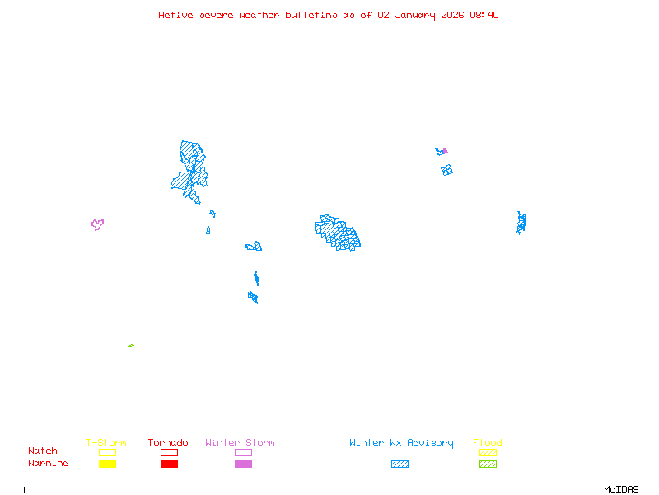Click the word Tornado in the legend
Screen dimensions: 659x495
(x=168, y=443)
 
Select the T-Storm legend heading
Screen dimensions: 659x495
(x=106, y=443)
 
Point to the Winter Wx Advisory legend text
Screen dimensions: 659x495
(x=401, y=443)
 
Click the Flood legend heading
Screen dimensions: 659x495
(x=488, y=443)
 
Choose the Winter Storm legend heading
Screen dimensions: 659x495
(x=240, y=443)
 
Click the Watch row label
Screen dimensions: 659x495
(x=43, y=451)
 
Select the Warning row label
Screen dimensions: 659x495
(x=49, y=464)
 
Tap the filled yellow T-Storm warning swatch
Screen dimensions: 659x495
(x=107, y=464)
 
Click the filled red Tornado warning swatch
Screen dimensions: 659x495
(x=169, y=464)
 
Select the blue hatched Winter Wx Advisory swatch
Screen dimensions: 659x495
(x=400, y=464)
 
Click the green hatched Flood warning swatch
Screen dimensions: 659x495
(x=488, y=464)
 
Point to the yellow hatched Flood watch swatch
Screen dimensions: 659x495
(x=488, y=452)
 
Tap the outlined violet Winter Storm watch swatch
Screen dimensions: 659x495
(x=243, y=452)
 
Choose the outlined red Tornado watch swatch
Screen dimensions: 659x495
(x=169, y=452)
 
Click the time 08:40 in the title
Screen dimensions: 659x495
(x=484, y=15)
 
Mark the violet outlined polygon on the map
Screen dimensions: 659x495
(x=97, y=224)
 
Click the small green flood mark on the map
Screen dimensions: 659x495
(x=131, y=345)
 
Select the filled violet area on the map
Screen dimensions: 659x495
(x=445, y=151)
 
